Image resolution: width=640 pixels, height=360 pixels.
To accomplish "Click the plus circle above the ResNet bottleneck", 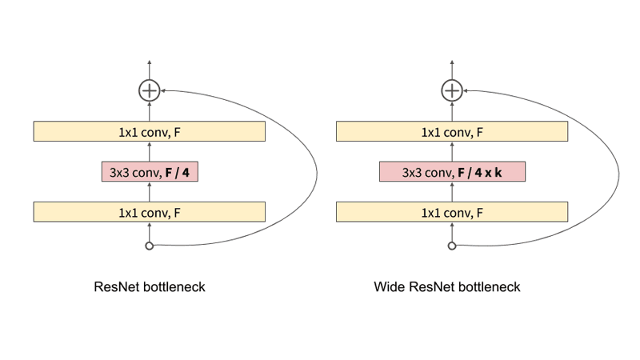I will click(x=149, y=90).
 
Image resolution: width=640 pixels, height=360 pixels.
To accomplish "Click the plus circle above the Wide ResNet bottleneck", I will click(x=452, y=90).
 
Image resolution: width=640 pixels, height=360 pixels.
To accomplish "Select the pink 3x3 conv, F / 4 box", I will click(x=149, y=171).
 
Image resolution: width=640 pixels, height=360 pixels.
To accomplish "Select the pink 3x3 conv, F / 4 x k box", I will click(x=452, y=171).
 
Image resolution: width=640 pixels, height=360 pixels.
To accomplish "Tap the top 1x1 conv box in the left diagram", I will click(x=149, y=131).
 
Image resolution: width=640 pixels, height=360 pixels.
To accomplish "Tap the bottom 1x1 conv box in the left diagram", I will click(x=149, y=211).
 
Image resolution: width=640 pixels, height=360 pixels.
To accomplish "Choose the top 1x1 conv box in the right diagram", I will click(x=452, y=131).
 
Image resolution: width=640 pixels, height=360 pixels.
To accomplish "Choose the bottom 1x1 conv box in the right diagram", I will click(x=452, y=211).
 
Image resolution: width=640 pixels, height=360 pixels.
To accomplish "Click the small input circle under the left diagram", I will click(x=149, y=246).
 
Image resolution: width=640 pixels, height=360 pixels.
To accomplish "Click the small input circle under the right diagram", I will click(x=452, y=246).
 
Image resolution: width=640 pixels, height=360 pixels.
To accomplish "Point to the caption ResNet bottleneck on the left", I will click(x=150, y=286).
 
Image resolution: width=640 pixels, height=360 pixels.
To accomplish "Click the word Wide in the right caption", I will click(x=389, y=286).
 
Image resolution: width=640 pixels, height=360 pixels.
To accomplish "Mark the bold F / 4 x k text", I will click(x=480, y=171).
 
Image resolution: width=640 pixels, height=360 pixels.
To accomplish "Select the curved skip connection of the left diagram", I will click(x=316, y=168).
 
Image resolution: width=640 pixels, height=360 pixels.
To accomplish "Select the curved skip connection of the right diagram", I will click(x=619, y=168).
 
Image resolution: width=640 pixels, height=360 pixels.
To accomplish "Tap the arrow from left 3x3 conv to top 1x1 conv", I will click(x=149, y=151).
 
